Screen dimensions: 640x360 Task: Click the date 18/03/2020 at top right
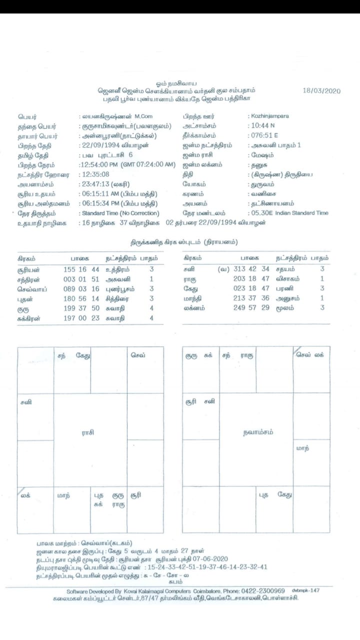[x=321, y=91]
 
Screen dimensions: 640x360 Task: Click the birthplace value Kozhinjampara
[x=270, y=116]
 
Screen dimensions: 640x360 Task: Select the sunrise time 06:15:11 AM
[x=102, y=193]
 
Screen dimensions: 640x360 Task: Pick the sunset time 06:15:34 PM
[x=102, y=203]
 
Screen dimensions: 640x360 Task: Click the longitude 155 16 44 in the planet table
[x=82, y=269]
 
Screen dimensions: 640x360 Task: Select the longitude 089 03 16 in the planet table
[x=82, y=288]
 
